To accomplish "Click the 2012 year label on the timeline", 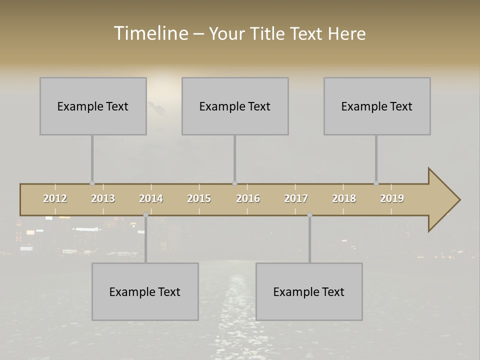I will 55,198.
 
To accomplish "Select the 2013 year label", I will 103,198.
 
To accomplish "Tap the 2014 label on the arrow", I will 151,198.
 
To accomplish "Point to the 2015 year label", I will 199,198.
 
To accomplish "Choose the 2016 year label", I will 248,198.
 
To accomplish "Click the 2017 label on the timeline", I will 296,198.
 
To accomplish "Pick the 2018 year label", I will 344,198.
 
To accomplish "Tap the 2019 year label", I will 392,198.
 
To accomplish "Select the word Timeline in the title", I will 150,33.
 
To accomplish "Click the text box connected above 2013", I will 93,106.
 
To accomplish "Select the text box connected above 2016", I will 235,106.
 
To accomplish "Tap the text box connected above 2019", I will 377,106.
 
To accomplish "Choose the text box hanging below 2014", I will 145,291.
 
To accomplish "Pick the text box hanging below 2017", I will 309,291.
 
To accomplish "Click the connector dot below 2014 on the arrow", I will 145,215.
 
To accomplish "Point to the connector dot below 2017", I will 309,215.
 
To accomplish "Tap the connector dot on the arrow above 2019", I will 376,183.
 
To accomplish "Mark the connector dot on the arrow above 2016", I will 234,183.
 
